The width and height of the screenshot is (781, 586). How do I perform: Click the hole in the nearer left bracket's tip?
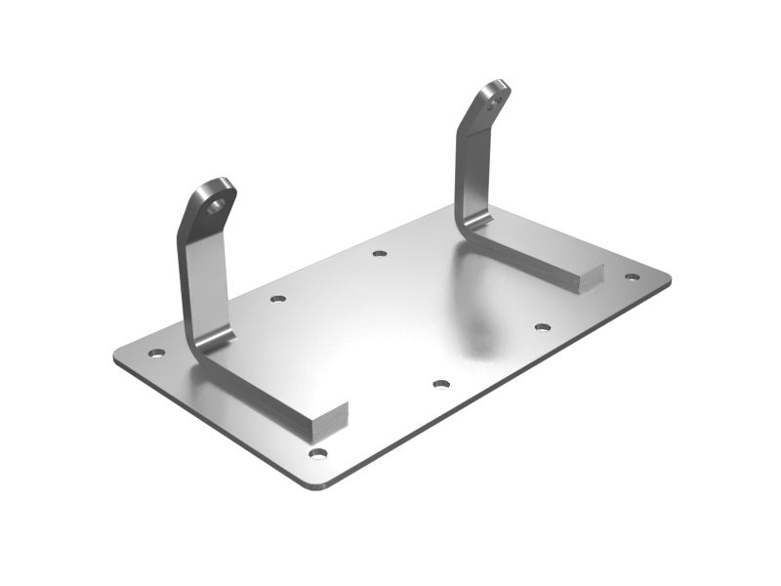tap(217, 205)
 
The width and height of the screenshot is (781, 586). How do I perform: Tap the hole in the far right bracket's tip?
tap(498, 97)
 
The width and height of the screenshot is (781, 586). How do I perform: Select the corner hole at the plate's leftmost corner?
tap(155, 353)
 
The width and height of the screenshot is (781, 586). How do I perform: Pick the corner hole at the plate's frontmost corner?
tap(317, 452)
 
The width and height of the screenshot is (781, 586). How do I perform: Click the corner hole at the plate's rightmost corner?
tap(632, 276)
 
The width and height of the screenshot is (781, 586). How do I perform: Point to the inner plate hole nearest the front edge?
tap(440, 384)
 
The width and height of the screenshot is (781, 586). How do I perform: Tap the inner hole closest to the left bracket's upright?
tap(278, 298)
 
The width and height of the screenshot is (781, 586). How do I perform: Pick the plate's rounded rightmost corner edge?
tap(669, 279)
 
